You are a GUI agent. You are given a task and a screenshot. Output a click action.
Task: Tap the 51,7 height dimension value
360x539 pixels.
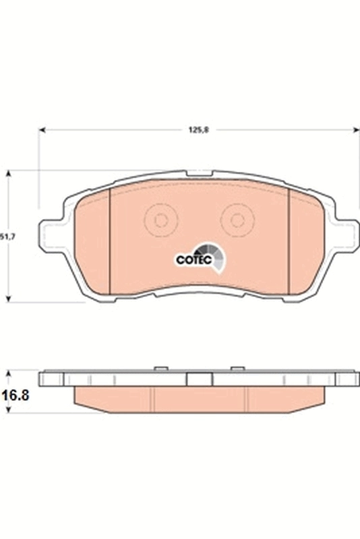click(6, 236)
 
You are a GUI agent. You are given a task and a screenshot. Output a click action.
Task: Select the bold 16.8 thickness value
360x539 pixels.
click(15, 396)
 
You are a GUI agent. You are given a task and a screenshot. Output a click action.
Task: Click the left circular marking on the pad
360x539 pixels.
click(161, 220)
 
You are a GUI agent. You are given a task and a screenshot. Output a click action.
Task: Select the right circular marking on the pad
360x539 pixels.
click(237, 220)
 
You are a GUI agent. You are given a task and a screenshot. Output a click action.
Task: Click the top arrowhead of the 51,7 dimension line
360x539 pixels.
click(8, 174)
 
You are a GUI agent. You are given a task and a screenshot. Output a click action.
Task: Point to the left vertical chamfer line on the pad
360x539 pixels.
click(109, 239)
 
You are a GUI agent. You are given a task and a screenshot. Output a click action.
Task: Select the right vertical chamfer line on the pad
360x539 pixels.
click(289, 239)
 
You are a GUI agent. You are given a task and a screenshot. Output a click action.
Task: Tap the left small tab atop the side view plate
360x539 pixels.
click(160, 368)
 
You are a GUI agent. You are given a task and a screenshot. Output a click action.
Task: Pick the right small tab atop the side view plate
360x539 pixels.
click(237, 368)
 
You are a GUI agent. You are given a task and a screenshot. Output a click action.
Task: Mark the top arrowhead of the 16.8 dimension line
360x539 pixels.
click(8, 373)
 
